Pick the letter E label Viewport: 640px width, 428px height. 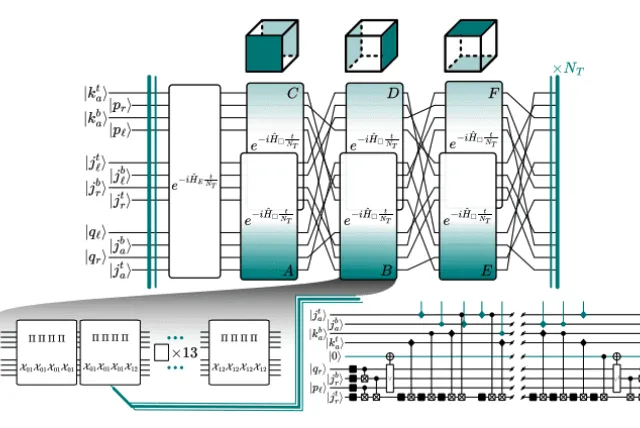(487, 269)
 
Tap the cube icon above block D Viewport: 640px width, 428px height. (373, 44)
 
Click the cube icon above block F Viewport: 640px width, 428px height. (471, 44)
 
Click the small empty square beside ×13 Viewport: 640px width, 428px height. (161, 352)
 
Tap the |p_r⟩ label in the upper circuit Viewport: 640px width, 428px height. (129, 105)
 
